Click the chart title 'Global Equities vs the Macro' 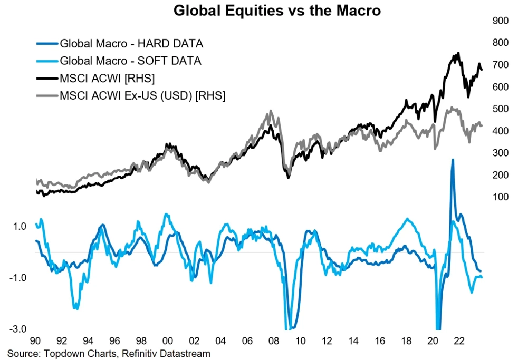pyautogui.click(x=277, y=10)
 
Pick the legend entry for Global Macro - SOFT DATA pyautogui.click(x=130, y=61)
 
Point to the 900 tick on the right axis pyautogui.click(x=499, y=21)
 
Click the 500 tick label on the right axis pyautogui.click(x=499, y=109)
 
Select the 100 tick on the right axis pyautogui.click(x=499, y=197)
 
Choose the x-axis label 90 pyautogui.click(x=35, y=341)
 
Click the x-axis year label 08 pyautogui.click(x=274, y=341)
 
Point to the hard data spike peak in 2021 pyautogui.click(x=453, y=159)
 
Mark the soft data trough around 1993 pyautogui.click(x=76, y=308)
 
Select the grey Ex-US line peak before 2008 pyautogui.click(x=270, y=111)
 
